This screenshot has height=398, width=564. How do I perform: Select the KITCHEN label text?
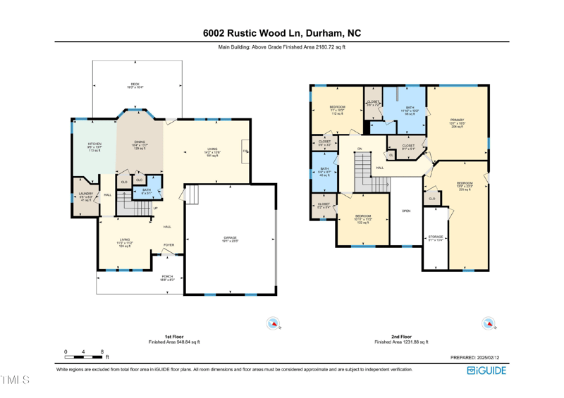94,144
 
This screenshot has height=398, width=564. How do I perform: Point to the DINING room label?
140,142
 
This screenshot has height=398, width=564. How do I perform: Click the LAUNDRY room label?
85,194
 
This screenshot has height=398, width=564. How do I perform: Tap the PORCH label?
167,277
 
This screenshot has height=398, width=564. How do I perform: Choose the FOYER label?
169,245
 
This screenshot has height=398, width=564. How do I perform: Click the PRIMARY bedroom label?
458,120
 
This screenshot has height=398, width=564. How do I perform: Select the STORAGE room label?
436,237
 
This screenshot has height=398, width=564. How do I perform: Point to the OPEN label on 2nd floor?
406,211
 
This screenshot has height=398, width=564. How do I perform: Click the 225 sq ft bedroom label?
465,184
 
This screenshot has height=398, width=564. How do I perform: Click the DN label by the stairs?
359,149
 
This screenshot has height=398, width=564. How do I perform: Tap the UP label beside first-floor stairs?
156,208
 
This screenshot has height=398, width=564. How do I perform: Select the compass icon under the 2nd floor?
488,323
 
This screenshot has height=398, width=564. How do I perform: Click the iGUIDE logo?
486,371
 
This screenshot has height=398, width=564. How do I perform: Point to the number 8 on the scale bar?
102,352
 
